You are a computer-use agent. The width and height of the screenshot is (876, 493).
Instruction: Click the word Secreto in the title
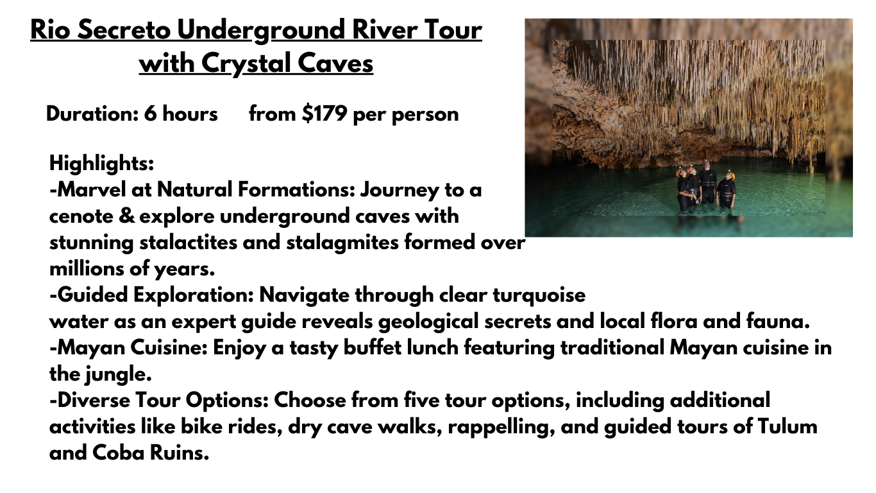(x=124, y=30)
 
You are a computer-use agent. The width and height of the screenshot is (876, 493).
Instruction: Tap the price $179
(x=324, y=114)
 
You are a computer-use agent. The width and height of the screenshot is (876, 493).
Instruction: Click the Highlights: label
(x=102, y=163)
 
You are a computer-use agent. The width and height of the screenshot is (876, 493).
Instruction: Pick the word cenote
(x=81, y=216)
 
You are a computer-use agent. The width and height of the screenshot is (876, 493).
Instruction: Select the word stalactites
(x=188, y=243)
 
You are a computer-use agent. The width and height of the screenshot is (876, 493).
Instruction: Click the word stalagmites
(x=342, y=243)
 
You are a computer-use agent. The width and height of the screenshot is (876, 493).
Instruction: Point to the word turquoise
(x=539, y=295)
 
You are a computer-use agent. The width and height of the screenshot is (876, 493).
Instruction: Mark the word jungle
(x=119, y=374)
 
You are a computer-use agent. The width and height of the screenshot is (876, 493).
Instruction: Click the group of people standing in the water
(x=706, y=186)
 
